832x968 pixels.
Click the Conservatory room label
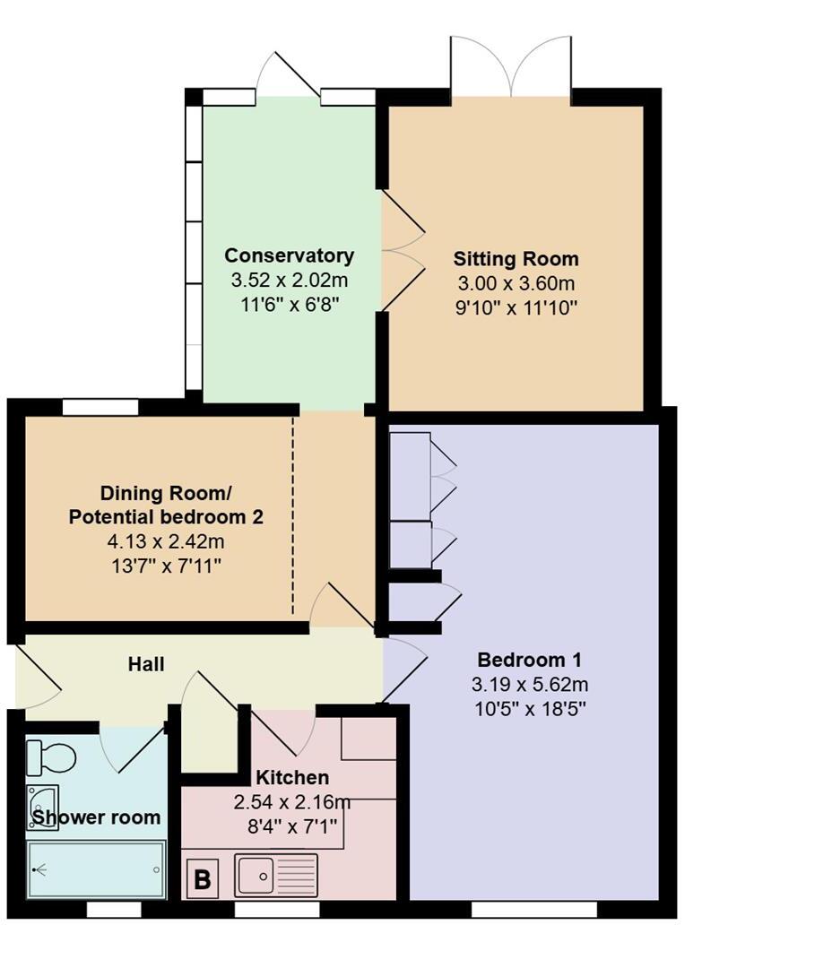pos(289,255)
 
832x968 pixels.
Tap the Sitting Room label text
pos(516,260)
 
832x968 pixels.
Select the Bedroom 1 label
pos(529,661)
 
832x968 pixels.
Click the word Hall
pos(146,664)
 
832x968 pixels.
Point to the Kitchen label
pos(292,777)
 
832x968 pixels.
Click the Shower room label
pos(96,817)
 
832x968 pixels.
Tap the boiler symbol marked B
pos(203,879)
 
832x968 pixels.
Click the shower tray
pos(96,869)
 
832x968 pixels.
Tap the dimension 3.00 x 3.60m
pos(516,284)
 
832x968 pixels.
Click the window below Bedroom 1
pos(534,910)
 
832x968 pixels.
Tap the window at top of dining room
pos(100,408)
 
